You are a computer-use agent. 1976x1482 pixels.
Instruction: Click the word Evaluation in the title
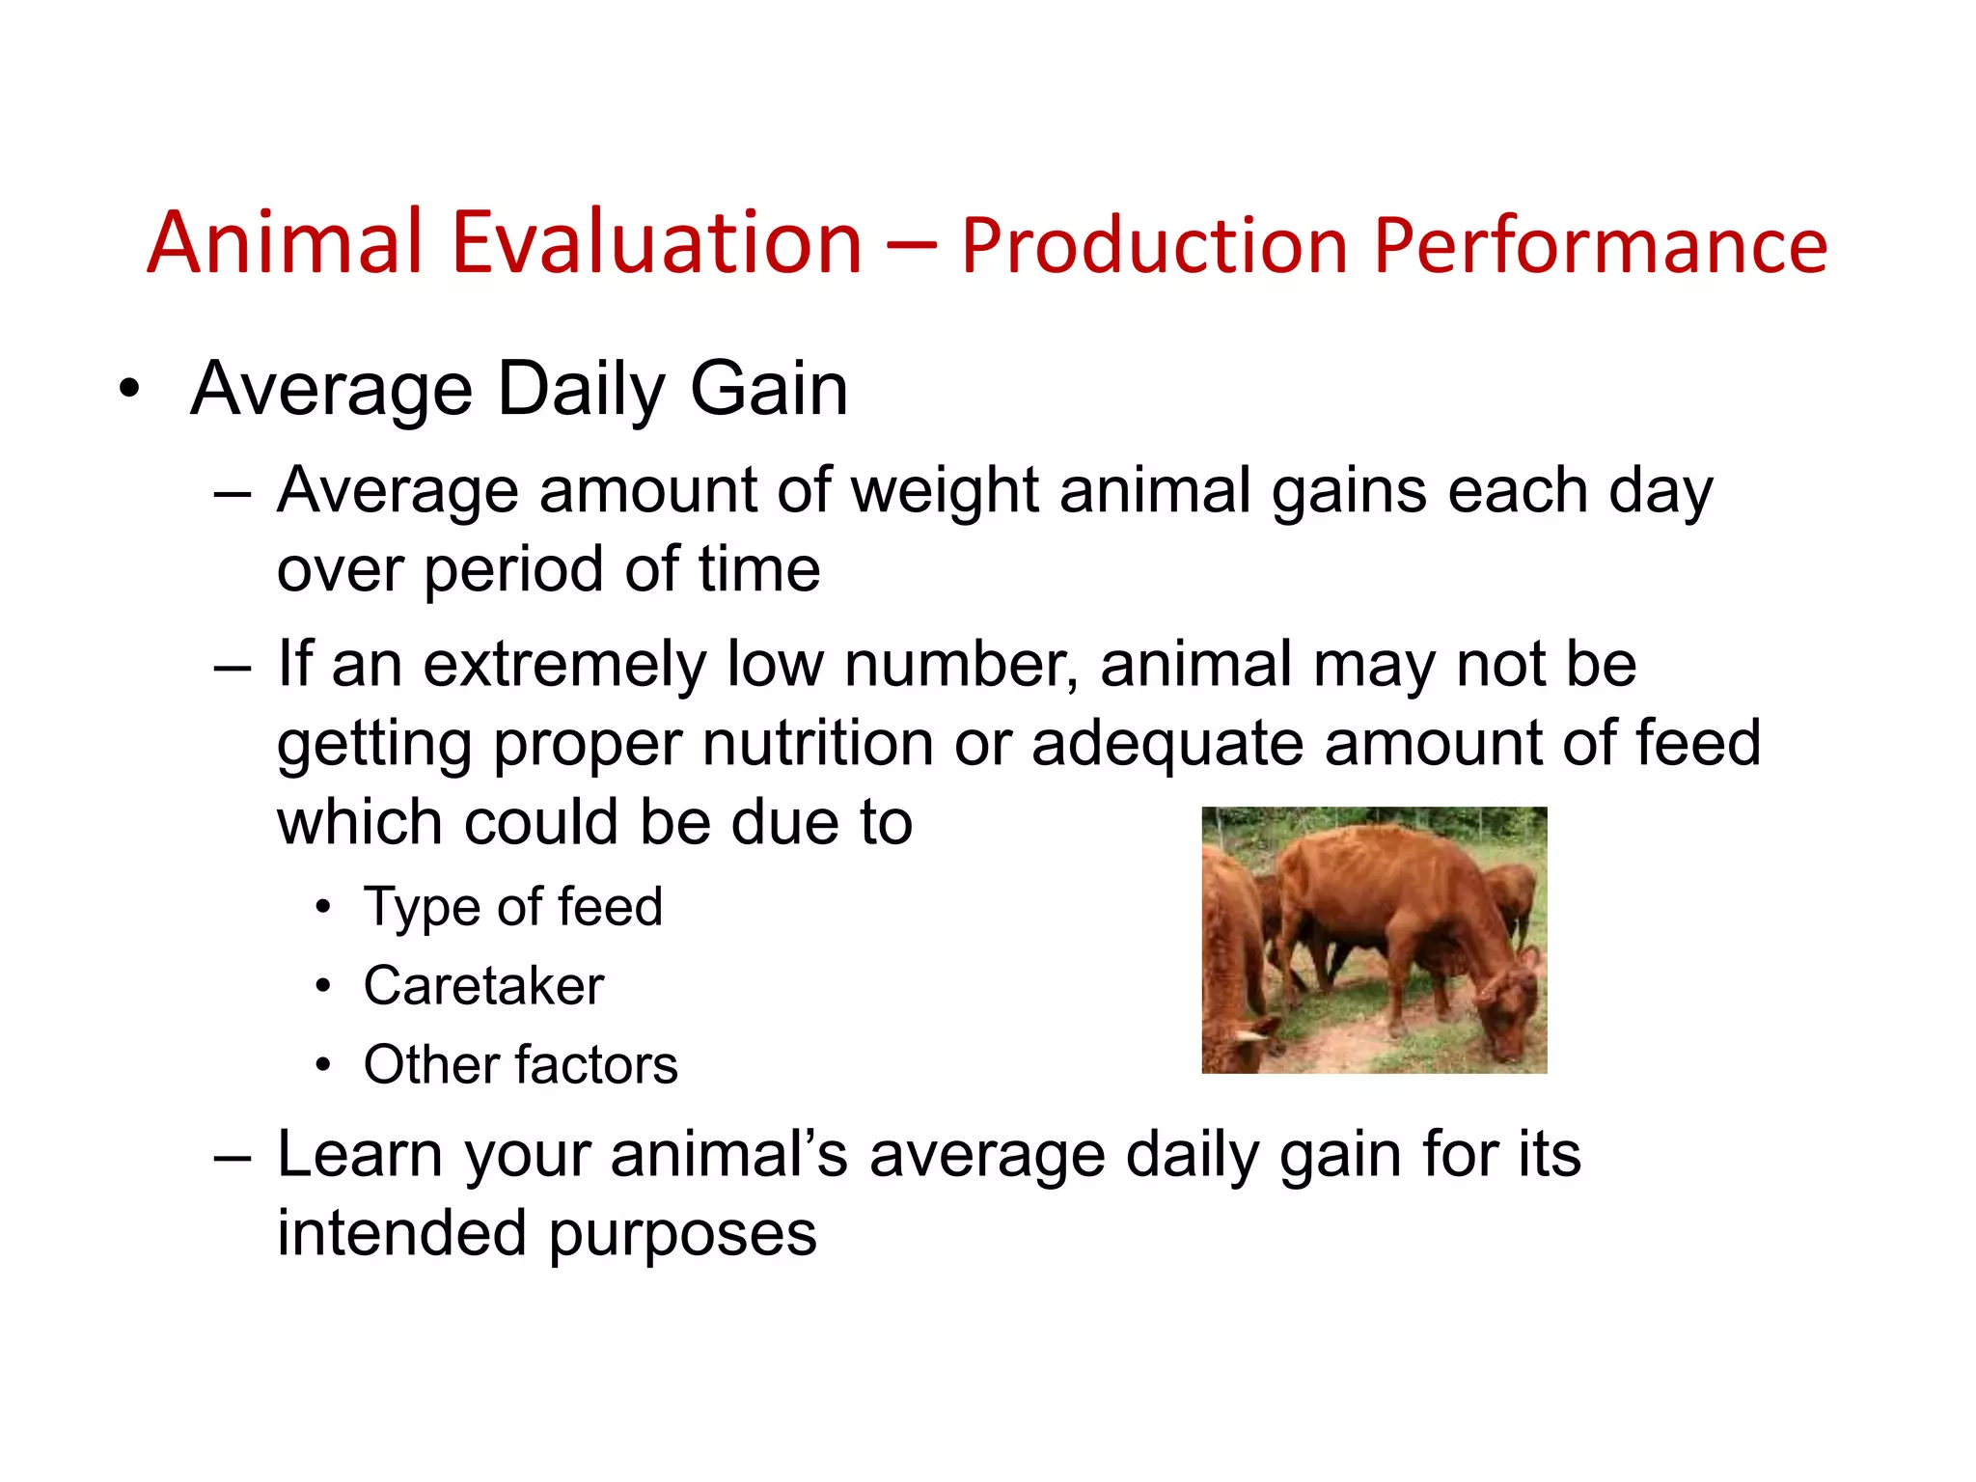(656, 243)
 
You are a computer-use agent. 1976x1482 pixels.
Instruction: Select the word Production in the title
(1154, 247)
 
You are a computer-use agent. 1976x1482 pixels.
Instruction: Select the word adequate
(1166, 745)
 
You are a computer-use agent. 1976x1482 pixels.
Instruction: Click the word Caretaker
(483, 987)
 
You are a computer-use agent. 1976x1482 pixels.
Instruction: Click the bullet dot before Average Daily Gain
(129, 391)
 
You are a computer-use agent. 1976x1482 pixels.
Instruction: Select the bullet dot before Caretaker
(323, 987)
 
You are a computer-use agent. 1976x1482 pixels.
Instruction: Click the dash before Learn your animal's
(233, 1157)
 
